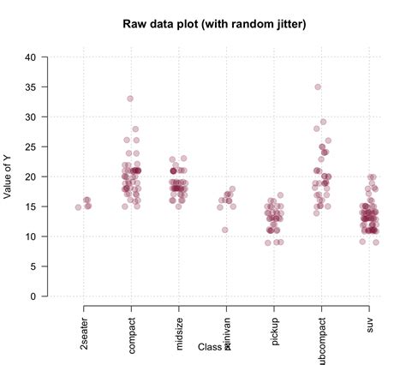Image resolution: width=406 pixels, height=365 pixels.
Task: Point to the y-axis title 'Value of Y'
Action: [x=9, y=176]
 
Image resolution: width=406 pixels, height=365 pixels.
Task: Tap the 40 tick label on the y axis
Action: [x=31, y=57]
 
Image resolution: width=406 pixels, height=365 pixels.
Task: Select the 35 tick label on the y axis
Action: [x=31, y=87]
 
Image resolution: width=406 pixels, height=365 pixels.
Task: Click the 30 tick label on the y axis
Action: [x=31, y=117]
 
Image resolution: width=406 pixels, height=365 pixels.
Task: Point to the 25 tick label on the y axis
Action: [x=31, y=147]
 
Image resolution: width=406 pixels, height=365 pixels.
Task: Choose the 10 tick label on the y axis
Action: [x=31, y=236]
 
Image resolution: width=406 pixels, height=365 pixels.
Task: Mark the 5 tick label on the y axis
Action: [x=33, y=266]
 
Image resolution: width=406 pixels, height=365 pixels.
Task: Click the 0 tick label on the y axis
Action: [x=33, y=296]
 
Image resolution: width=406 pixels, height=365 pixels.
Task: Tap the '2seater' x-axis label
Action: [x=84, y=326]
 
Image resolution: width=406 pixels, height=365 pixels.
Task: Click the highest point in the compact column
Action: [x=130, y=99]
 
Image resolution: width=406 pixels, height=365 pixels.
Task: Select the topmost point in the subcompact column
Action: [x=318, y=87]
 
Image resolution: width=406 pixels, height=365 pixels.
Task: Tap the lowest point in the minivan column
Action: [x=225, y=230]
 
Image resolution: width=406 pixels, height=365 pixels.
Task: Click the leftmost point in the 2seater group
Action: [x=78, y=207]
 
